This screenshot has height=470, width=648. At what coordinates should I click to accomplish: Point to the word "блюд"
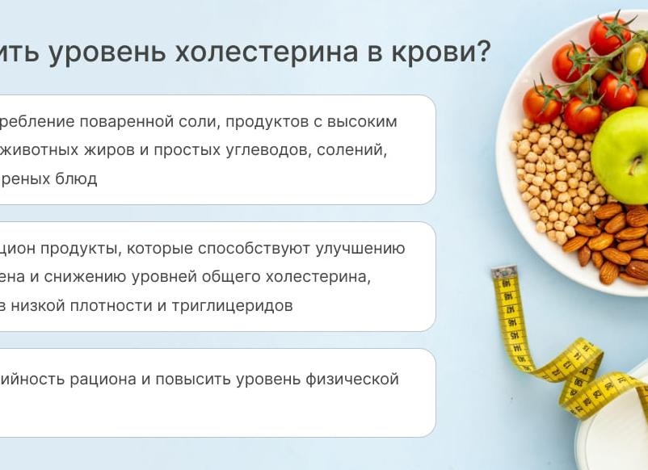coord(78,179)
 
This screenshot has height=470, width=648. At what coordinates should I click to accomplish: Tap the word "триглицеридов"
coord(233,306)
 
